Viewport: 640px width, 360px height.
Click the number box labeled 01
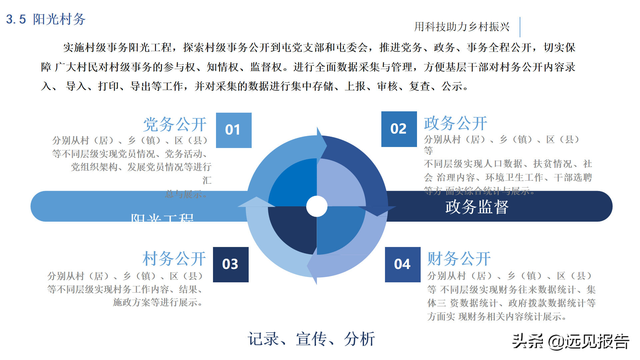(x=234, y=130)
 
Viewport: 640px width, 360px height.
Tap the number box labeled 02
(x=399, y=129)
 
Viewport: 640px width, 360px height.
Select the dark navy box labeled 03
(x=231, y=264)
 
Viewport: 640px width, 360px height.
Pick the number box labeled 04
(x=403, y=264)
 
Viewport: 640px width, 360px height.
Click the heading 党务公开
(x=175, y=124)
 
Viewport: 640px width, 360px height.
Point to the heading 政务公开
(x=456, y=123)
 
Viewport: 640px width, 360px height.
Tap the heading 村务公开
(x=174, y=259)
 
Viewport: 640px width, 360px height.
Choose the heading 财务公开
(x=459, y=259)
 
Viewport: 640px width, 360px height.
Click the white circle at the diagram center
(x=317, y=206)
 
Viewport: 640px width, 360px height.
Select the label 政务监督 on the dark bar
(x=477, y=207)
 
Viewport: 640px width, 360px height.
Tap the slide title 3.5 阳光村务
(x=46, y=19)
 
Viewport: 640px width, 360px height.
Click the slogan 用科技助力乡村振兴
(x=462, y=27)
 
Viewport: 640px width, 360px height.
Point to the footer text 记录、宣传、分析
(x=311, y=339)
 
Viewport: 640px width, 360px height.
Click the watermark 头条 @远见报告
(x=570, y=341)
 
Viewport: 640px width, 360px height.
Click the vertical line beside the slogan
(x=520, y=27)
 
